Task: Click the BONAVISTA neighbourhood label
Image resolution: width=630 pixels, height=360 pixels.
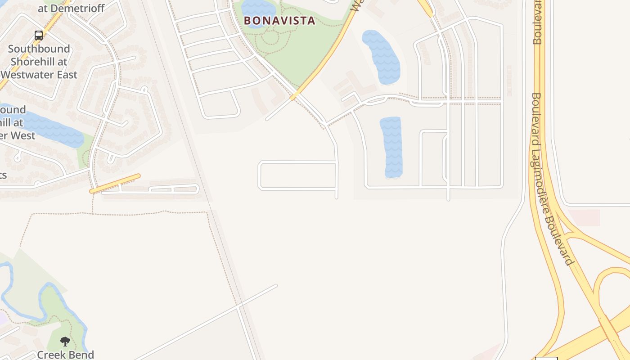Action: (x=279, y=21)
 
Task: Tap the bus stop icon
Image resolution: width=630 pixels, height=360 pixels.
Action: (x=39, y=36)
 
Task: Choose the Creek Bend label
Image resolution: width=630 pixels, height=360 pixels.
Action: (x=65, y=355)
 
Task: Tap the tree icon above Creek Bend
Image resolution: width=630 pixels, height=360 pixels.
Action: (x=65, y=342)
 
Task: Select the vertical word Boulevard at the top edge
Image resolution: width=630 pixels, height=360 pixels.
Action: (x=537, y=22)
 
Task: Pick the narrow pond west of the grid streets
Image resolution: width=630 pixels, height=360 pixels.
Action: (x=391, y=147)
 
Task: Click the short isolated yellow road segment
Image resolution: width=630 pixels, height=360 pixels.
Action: (x=115, y=184)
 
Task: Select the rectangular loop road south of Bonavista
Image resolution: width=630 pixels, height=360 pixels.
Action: (x=297, y=175)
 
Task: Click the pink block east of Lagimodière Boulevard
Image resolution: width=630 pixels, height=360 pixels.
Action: (x=584, y=217)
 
